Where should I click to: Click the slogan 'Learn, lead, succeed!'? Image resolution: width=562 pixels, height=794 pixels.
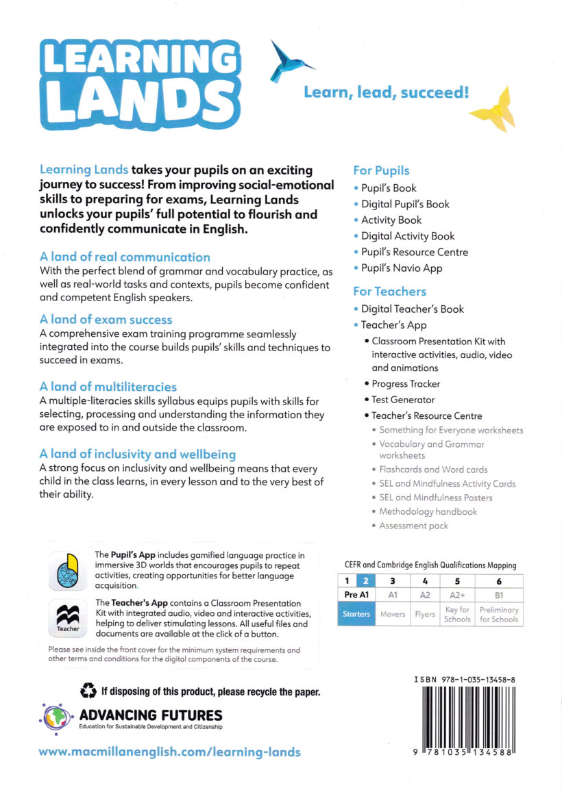pos(387,92)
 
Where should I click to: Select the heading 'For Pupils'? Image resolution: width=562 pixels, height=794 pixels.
pos(381,170)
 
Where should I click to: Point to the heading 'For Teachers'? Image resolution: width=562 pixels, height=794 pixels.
pos(389,291)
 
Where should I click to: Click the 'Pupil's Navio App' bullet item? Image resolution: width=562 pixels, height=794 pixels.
pos(402,268)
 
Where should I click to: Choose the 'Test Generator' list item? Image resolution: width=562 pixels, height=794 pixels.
pos(403,400)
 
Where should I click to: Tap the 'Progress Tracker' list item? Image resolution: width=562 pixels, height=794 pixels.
pos(406,384)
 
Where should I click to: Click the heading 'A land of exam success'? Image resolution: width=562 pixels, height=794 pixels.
pos(106,320)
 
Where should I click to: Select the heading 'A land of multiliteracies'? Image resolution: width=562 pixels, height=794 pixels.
pos(108,387)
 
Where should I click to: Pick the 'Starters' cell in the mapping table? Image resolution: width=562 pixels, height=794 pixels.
pos(356,614)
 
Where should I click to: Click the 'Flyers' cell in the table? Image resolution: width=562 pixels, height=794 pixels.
pos(425,614)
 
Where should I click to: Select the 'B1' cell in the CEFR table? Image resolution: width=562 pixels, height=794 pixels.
pos(498,595)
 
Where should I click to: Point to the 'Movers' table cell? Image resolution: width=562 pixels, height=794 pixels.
pos(393,614)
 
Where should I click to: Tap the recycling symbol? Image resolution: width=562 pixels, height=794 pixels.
pos(88,691)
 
